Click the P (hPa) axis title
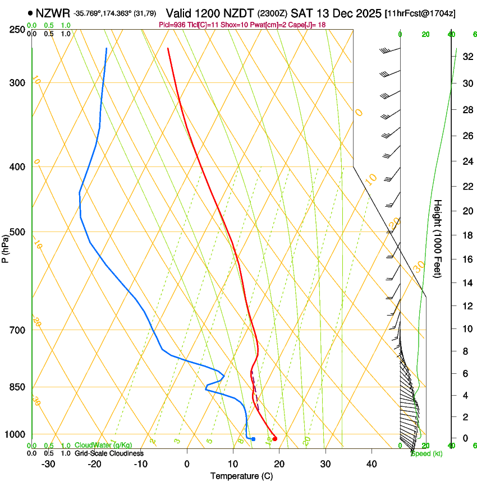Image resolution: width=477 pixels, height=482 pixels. coord(5,247)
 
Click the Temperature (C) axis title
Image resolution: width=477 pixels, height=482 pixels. coord(241,476)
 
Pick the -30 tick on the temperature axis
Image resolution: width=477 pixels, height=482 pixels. coord(48,464)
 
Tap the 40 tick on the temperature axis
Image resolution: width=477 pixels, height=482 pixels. coord(371,464)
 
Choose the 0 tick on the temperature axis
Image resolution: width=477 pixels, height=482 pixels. coord(187,464)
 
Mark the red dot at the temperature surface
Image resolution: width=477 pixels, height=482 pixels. coord(274,439)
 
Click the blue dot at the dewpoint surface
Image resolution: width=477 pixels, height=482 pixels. coord(254,439)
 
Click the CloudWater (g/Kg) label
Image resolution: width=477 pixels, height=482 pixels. coord(95,446)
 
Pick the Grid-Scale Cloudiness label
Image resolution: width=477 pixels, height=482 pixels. coord(109,453)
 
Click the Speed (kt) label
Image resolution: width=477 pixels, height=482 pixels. coord(426,453)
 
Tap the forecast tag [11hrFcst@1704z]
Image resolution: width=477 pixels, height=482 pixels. coord(428,13)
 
